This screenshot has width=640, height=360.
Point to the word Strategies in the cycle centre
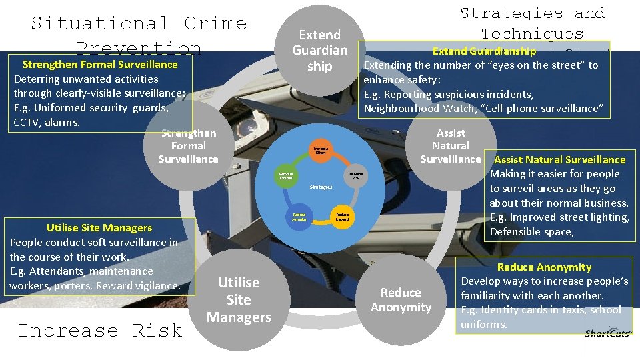(x=321, y=187)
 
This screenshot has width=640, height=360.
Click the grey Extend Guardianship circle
(x=320, y=51)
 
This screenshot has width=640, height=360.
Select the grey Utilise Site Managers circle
(x=239, y=299)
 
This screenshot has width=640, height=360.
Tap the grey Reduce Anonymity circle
(x=401, y=299)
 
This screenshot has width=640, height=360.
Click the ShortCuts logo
(x=607, y=333)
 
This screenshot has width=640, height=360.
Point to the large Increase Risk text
(x=100, y=331)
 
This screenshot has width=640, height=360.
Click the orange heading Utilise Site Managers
(x=99, y=228)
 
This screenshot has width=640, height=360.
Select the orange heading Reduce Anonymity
(x=544, y=267)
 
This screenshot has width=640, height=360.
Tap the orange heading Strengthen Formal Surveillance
(x=100, y=65)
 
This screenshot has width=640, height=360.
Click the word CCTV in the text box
(x=27, y=123)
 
